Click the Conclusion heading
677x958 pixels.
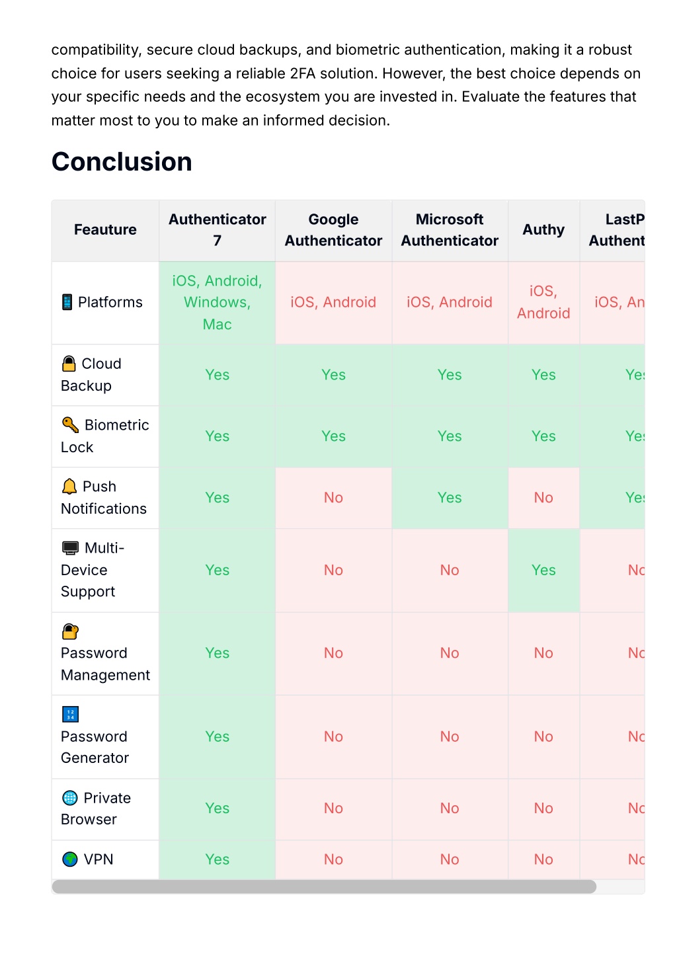tap(122, 162)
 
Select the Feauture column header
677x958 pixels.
tap(105, 229)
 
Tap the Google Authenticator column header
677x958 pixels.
tap(333, 229)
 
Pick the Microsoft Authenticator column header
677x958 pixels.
tap(450, 229)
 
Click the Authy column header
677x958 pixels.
tap(543, 229)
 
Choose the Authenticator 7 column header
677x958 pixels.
tap(217, 229)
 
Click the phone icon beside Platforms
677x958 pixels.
tap(67, 302)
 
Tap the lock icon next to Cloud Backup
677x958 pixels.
tap(69, 364)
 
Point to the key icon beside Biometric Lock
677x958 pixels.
tap(70, 424)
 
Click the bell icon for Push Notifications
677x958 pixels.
tap(69, 487)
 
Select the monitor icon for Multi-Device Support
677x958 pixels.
tap(70, 547)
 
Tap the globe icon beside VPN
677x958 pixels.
tap(70, 859)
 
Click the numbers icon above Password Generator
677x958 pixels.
tap(70, 714)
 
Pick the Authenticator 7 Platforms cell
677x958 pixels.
tap(217, 302)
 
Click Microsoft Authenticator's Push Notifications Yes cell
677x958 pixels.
tap(450, 498)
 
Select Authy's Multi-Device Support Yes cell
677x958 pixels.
tap(543, 570)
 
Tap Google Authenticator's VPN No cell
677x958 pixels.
tap(333, 859)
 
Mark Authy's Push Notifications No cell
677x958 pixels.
tap(543, 498)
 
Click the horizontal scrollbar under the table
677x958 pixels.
tap(324, 887)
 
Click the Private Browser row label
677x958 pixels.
tap(96, 809)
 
